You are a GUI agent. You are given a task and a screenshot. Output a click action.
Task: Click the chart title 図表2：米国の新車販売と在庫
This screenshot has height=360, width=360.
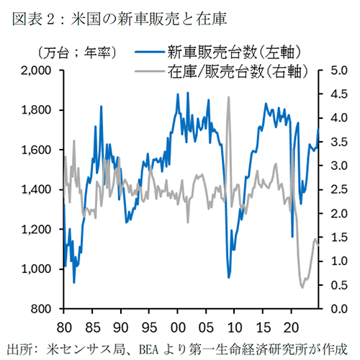pyautogui.click(x=107, y=15)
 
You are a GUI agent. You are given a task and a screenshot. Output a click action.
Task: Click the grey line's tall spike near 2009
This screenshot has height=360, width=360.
pyautogui.click(x=228, y=98)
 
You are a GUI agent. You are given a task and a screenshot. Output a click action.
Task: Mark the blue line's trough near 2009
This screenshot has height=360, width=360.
pyautogui.click(x=229, y=277)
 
